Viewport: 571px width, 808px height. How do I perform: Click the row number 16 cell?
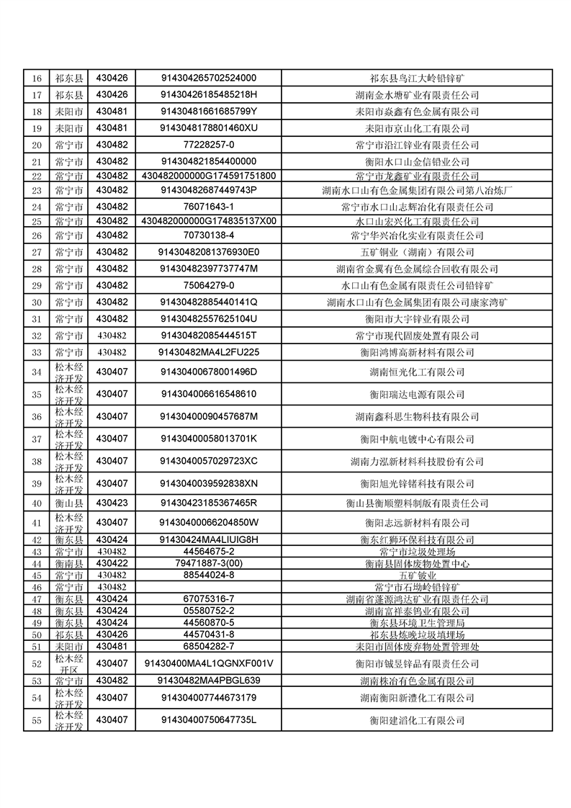37,78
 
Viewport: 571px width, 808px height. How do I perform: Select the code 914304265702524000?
209,78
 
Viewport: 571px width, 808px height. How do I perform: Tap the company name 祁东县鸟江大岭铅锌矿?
417,78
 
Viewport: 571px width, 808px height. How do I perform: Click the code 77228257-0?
209,145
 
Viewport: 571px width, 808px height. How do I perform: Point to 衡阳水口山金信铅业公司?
417,161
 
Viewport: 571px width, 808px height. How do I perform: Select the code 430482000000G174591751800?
209,176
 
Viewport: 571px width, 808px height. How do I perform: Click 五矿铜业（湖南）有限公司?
417,252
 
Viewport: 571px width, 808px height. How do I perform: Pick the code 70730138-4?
209,235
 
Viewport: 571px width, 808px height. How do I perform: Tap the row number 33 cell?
37,352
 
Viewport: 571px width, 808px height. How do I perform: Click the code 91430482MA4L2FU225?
209,352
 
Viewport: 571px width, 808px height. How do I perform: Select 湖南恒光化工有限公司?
417,372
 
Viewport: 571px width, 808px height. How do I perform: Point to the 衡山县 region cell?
69,503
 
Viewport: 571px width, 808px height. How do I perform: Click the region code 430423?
112,503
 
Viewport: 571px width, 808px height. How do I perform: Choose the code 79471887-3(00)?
209,563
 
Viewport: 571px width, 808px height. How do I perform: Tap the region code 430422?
112,563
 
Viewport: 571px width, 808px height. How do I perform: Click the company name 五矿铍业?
417,575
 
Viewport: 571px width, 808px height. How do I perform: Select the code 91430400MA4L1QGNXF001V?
209,663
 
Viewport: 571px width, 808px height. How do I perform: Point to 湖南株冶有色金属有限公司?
417,681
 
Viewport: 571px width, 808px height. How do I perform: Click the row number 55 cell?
37,720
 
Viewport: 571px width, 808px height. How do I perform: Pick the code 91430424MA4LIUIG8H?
209,539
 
